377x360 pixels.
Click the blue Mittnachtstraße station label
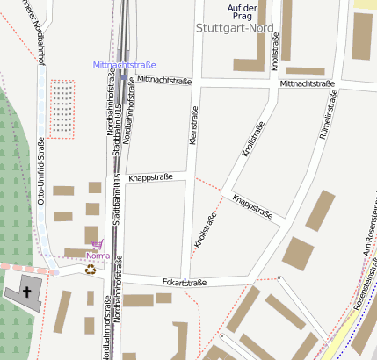(x=124, y=65)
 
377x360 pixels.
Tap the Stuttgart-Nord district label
(x=236, y=27)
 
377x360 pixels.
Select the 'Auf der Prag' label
(x=243, y=12)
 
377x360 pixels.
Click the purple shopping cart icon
(x=97, y=244)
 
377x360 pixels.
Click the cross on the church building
(x=26, y=292)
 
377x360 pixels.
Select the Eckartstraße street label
(x=185, y=283)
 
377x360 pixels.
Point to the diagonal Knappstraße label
(x=252, y=207)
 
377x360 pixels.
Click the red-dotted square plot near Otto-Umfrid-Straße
(x=62, y=109)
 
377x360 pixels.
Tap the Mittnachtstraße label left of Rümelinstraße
(x=308, y=83)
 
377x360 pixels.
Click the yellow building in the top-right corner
(x=365, y=4)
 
